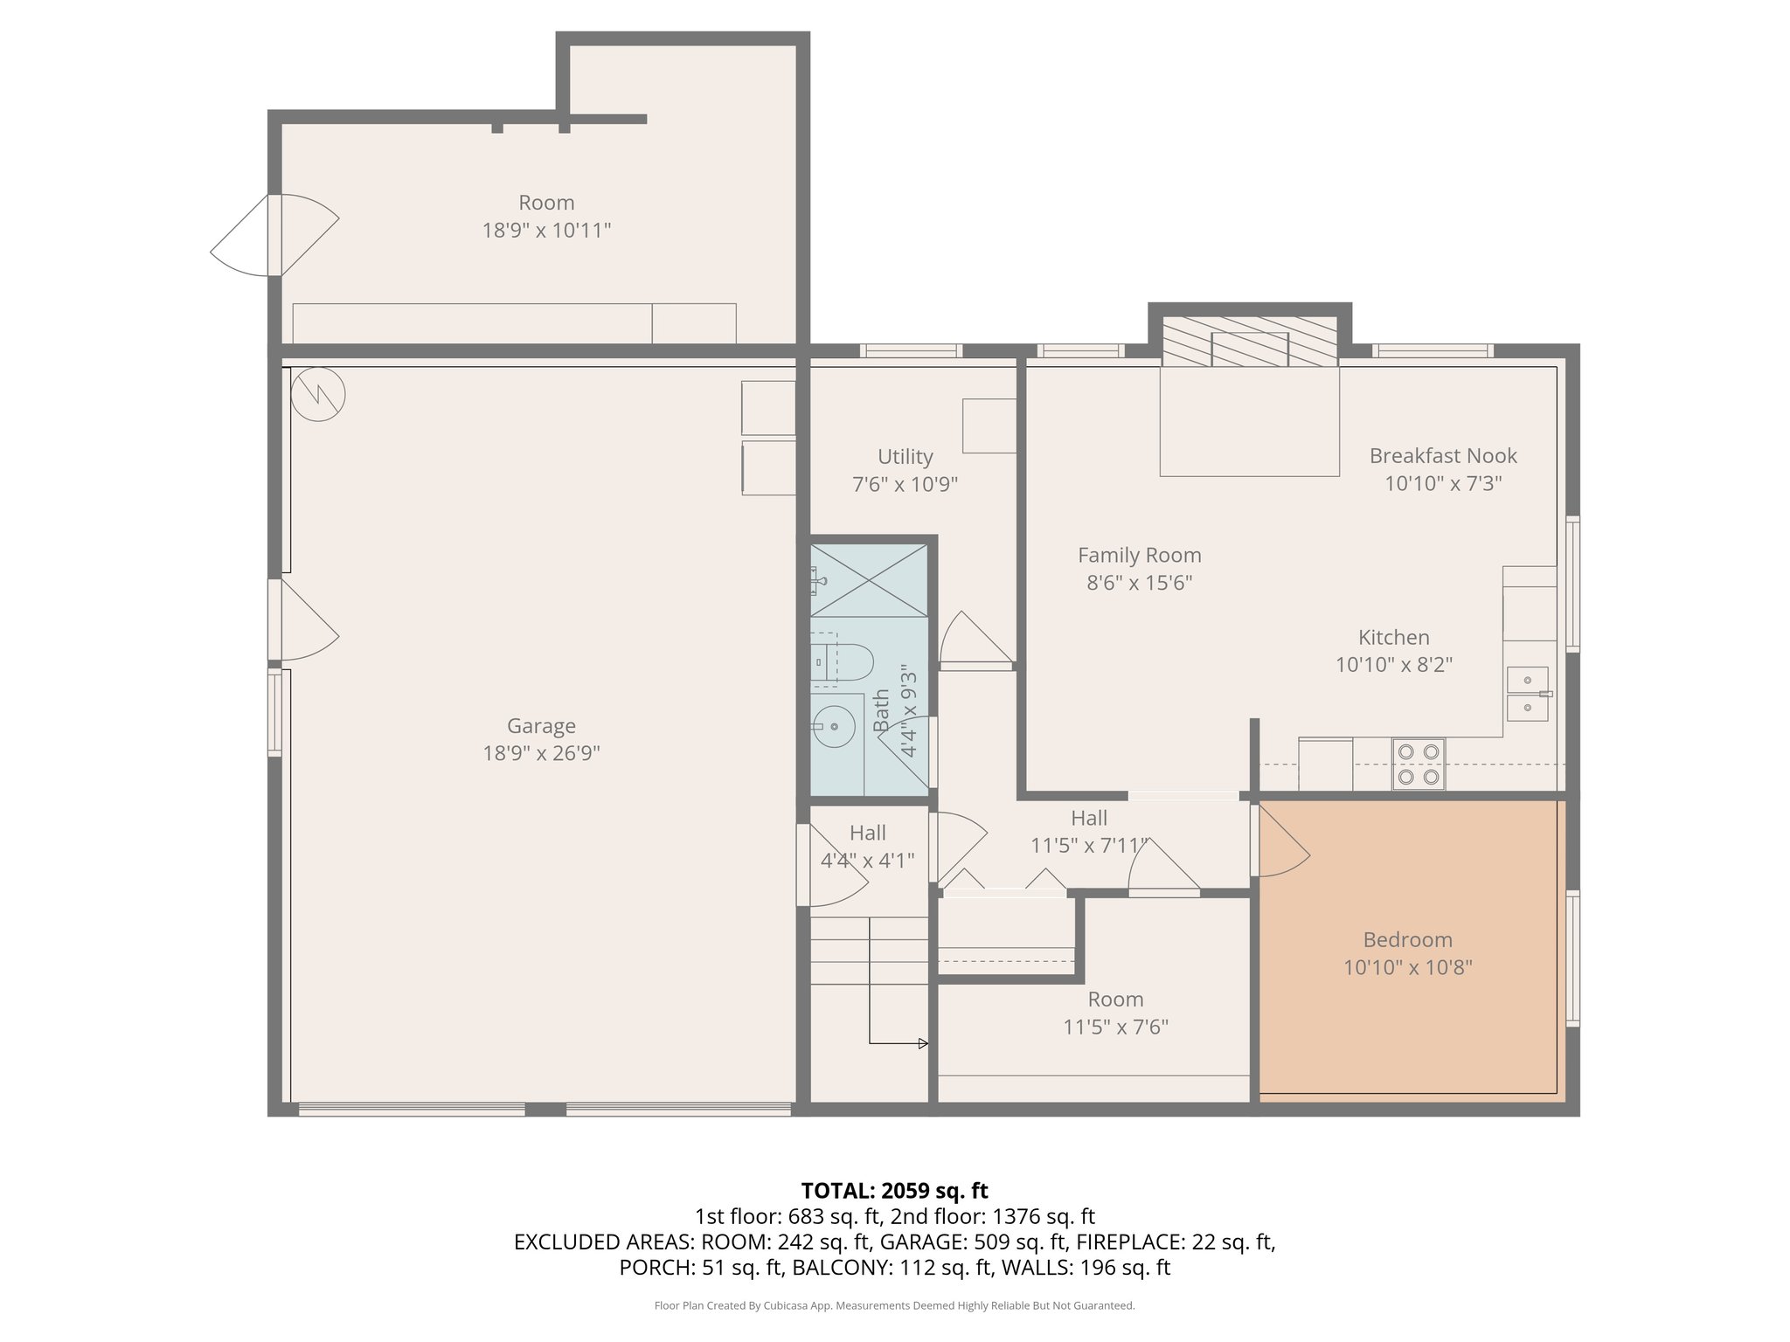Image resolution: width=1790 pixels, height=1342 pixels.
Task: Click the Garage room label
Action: point(541,726)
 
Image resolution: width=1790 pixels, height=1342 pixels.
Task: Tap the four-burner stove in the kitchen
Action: point(1418,764)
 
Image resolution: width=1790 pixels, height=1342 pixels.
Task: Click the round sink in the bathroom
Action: point(835,725)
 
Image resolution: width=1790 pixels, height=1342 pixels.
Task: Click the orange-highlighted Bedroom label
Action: point(1407,940)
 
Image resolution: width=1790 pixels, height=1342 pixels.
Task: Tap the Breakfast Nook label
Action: point(1442,456)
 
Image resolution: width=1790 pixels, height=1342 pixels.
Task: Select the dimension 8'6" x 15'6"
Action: point(1139,583)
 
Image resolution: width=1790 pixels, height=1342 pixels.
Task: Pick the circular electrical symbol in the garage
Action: point(318,395)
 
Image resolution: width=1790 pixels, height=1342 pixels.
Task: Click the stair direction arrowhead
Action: point(923,1043)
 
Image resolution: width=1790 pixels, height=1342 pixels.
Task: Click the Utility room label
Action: point(905,457)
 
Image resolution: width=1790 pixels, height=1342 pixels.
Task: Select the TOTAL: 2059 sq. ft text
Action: point(894,1191)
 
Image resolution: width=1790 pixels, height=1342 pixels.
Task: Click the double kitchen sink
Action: point(1527,694)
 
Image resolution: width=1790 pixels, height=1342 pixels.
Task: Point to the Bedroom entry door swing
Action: point(1281,844)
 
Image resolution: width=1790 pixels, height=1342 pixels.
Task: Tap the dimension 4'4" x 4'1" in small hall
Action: point(867,861)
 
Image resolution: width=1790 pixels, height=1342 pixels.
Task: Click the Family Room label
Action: point(1139,556)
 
